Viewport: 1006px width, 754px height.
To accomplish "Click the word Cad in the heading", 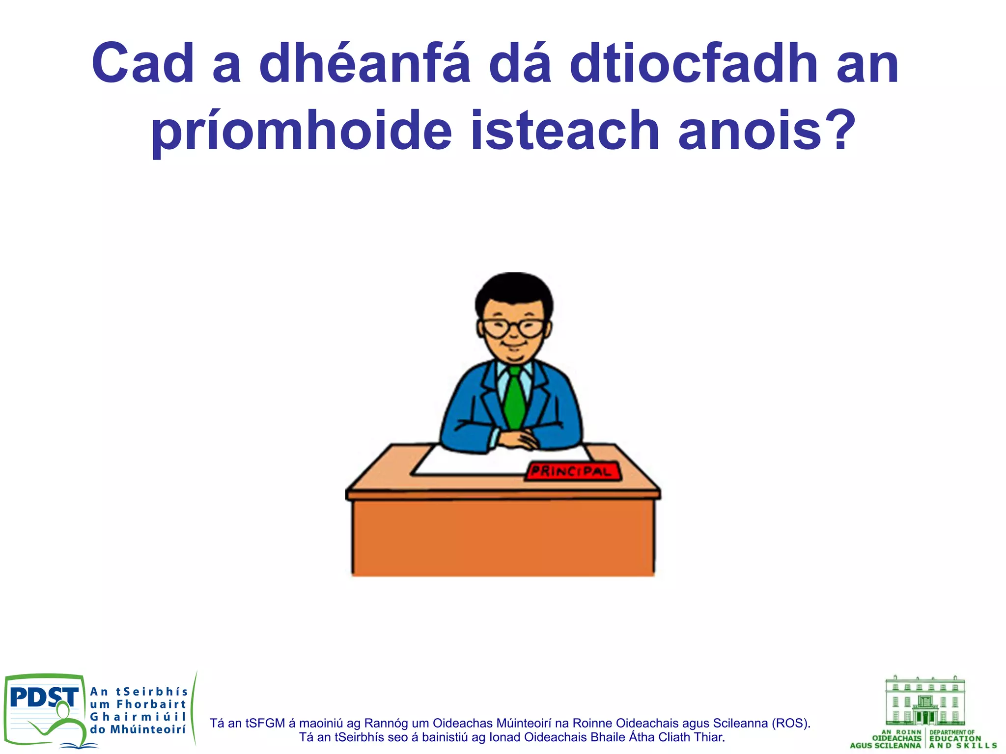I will click(x=143, y=64).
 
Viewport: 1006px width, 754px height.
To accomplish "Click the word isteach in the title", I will click(x=565, y=131).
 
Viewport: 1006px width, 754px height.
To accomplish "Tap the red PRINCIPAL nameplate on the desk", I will click(x=573, y=472).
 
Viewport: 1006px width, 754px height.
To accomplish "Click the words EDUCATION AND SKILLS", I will click(x=961, y=742).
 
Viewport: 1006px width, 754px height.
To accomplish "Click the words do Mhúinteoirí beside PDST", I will click(x=138, y=730).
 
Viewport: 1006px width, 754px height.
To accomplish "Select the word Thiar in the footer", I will click(x=709, y=737).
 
